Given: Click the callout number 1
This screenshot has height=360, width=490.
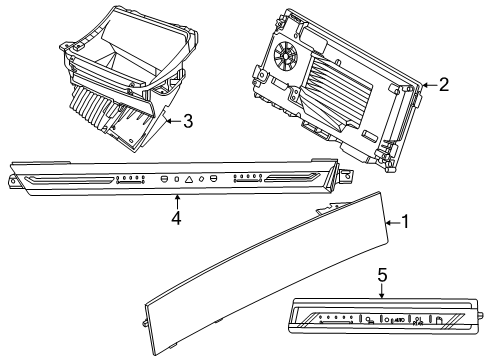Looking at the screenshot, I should [x=405, y=221].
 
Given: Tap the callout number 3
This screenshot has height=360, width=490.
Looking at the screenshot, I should [x=186, y=122].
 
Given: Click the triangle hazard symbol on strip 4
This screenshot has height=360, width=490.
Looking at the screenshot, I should [x=189, y=179].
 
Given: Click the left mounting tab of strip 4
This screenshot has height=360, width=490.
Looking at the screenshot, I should [x=13, y=180].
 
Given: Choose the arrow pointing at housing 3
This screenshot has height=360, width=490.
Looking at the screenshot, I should [x=172, y=122].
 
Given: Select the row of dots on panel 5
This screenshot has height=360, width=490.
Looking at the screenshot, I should [x=334, y=321].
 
